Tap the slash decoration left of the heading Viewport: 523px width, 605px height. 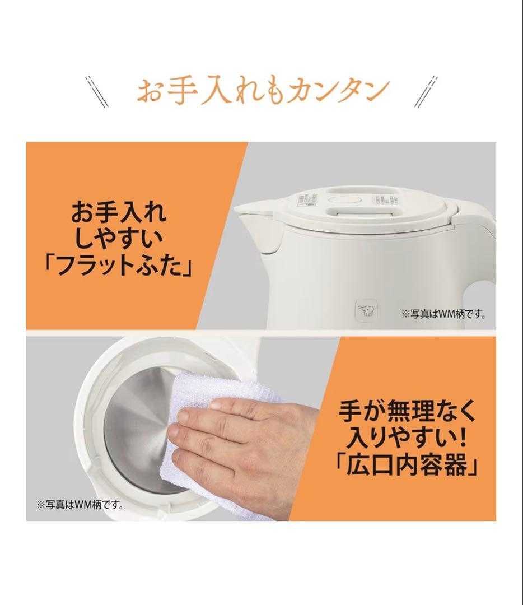97,91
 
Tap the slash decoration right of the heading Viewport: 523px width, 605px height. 426,91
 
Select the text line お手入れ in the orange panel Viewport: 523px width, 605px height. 118,213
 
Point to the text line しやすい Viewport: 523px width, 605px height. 118,240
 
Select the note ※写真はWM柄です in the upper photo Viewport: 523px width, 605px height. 443,314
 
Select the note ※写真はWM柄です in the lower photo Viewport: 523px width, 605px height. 80,504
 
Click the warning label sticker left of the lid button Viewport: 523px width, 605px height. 309,199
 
